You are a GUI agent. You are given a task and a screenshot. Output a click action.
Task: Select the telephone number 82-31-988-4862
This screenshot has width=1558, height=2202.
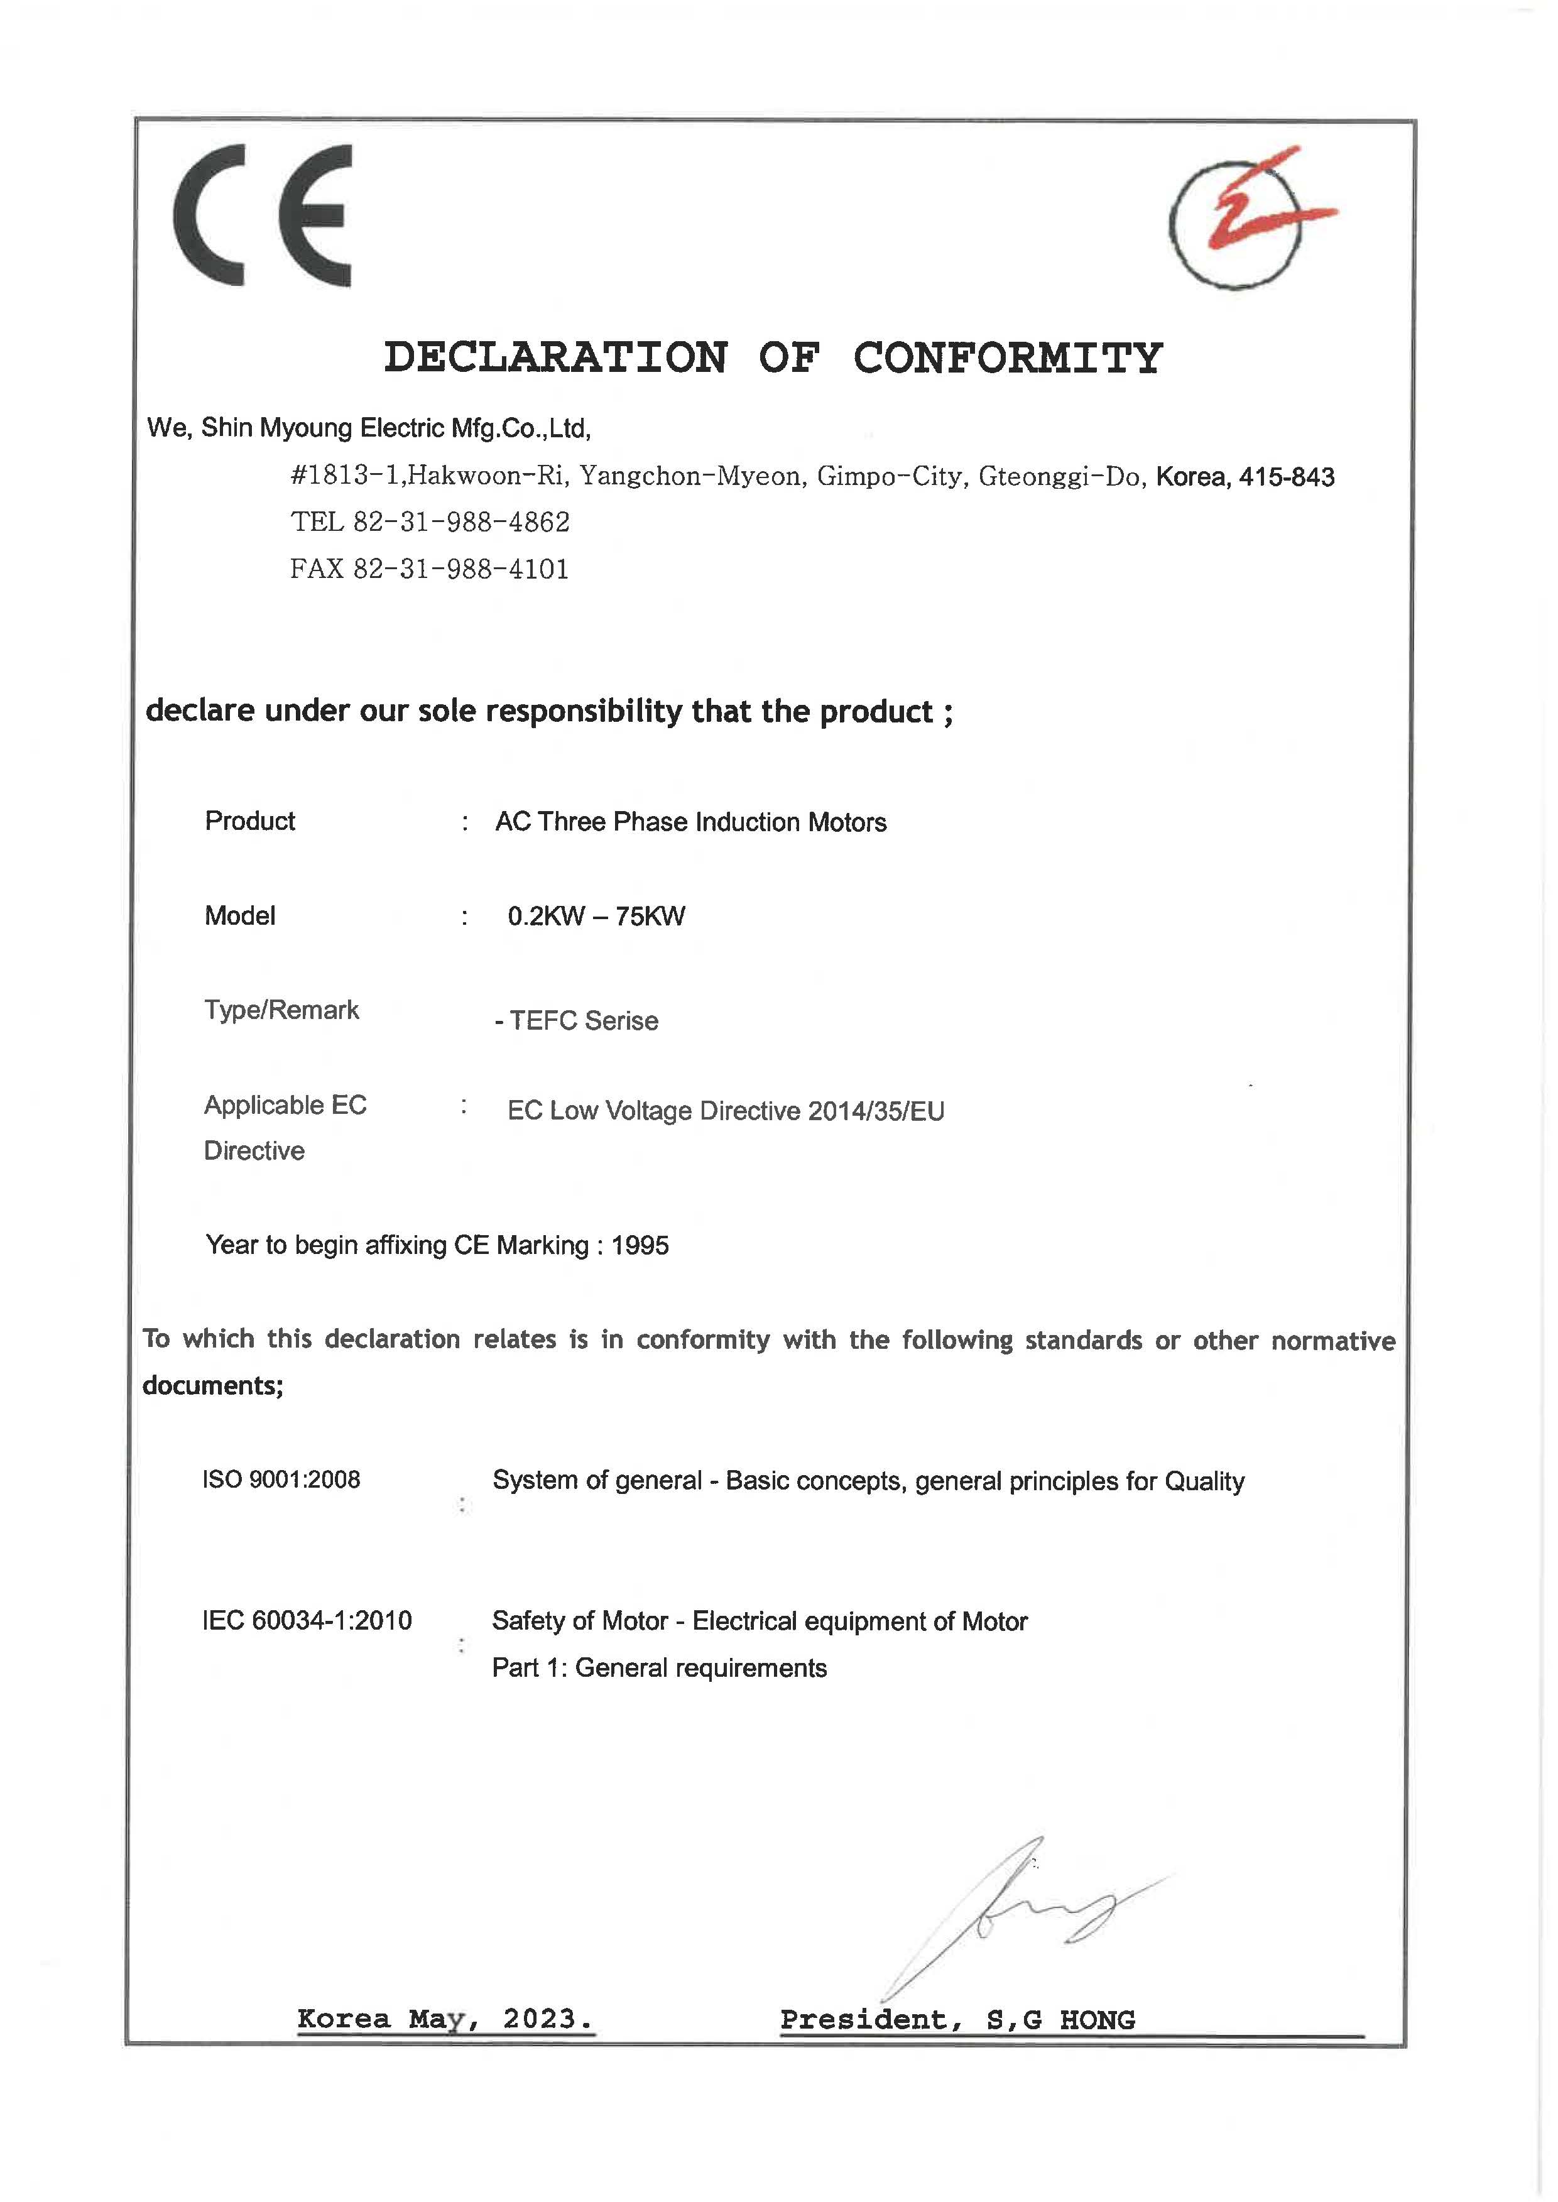click(462, 522)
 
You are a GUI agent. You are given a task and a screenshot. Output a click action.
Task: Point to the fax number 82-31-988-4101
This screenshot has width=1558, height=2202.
click(462, 569)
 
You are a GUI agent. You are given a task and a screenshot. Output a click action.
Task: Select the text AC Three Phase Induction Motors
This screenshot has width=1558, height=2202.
click(691, 822)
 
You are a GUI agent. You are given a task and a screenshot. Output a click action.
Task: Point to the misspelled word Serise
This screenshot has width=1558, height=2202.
click(622, 1021)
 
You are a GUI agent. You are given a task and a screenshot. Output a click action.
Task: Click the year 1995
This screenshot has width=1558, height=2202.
click(640, 1245)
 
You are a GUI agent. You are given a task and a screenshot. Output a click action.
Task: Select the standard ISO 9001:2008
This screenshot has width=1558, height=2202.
click(281, 1480)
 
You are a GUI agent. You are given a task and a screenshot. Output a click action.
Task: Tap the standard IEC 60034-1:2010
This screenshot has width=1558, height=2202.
click(307, 1620)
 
